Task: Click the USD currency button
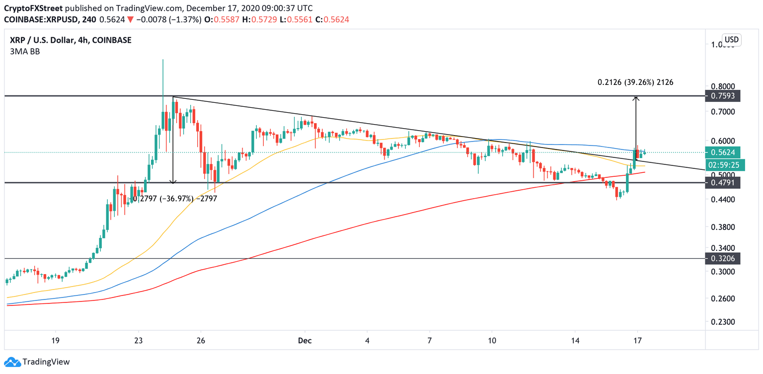[731, 40]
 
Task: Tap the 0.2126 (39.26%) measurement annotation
[635, 82]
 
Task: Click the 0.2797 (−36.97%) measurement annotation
[174, 198]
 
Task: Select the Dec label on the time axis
[305, 341]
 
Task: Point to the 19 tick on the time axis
[56, 341]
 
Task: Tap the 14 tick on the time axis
[575, 341]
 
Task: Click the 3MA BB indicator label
[22, 51]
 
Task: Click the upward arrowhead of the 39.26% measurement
[636, 98]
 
